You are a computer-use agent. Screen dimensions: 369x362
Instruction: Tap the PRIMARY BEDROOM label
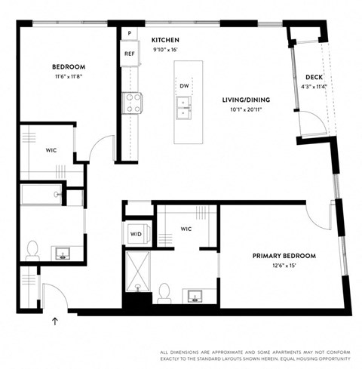click(284, 256)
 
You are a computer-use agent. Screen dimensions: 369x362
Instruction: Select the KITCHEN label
click(164, 39)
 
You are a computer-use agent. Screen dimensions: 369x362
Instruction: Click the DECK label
click(314, 77)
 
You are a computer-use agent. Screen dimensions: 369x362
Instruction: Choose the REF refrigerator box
click(129, 54)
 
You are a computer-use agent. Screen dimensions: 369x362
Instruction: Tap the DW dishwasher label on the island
click(184, 86)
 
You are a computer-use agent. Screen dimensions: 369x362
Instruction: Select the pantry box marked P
click(129, 34)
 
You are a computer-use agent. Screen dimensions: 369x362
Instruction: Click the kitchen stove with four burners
click(133, 103)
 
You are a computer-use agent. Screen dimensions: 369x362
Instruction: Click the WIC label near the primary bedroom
click(186, 228)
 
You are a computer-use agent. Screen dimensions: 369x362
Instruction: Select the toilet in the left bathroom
click(32, 248)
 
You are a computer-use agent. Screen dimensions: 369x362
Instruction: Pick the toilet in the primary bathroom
click(164, 291)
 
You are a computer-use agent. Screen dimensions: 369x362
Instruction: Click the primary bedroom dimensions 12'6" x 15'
click(284, 266)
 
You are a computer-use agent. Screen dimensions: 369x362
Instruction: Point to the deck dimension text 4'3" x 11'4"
click(314, 87)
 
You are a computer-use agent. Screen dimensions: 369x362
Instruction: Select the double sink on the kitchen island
click(184, 109)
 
